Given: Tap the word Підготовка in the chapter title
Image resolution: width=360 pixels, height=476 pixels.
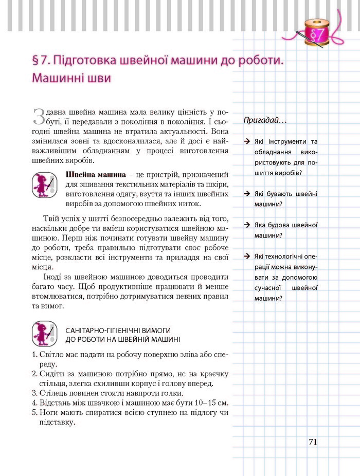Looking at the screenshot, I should [x=79, y=61].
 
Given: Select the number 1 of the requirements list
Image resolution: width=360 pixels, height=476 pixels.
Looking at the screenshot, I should [x=34, y=355].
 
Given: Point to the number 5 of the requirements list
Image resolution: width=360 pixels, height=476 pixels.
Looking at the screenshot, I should [x=34, y=413].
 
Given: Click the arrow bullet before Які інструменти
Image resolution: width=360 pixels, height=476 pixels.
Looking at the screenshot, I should [x=248, y=141].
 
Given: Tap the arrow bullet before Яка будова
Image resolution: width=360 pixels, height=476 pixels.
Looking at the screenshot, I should [x=248, y=225].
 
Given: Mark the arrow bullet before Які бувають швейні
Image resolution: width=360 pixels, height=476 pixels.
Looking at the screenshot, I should [x=248, y=194].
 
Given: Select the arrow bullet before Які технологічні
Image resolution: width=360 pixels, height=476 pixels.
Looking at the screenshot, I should [x=248, y=256].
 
